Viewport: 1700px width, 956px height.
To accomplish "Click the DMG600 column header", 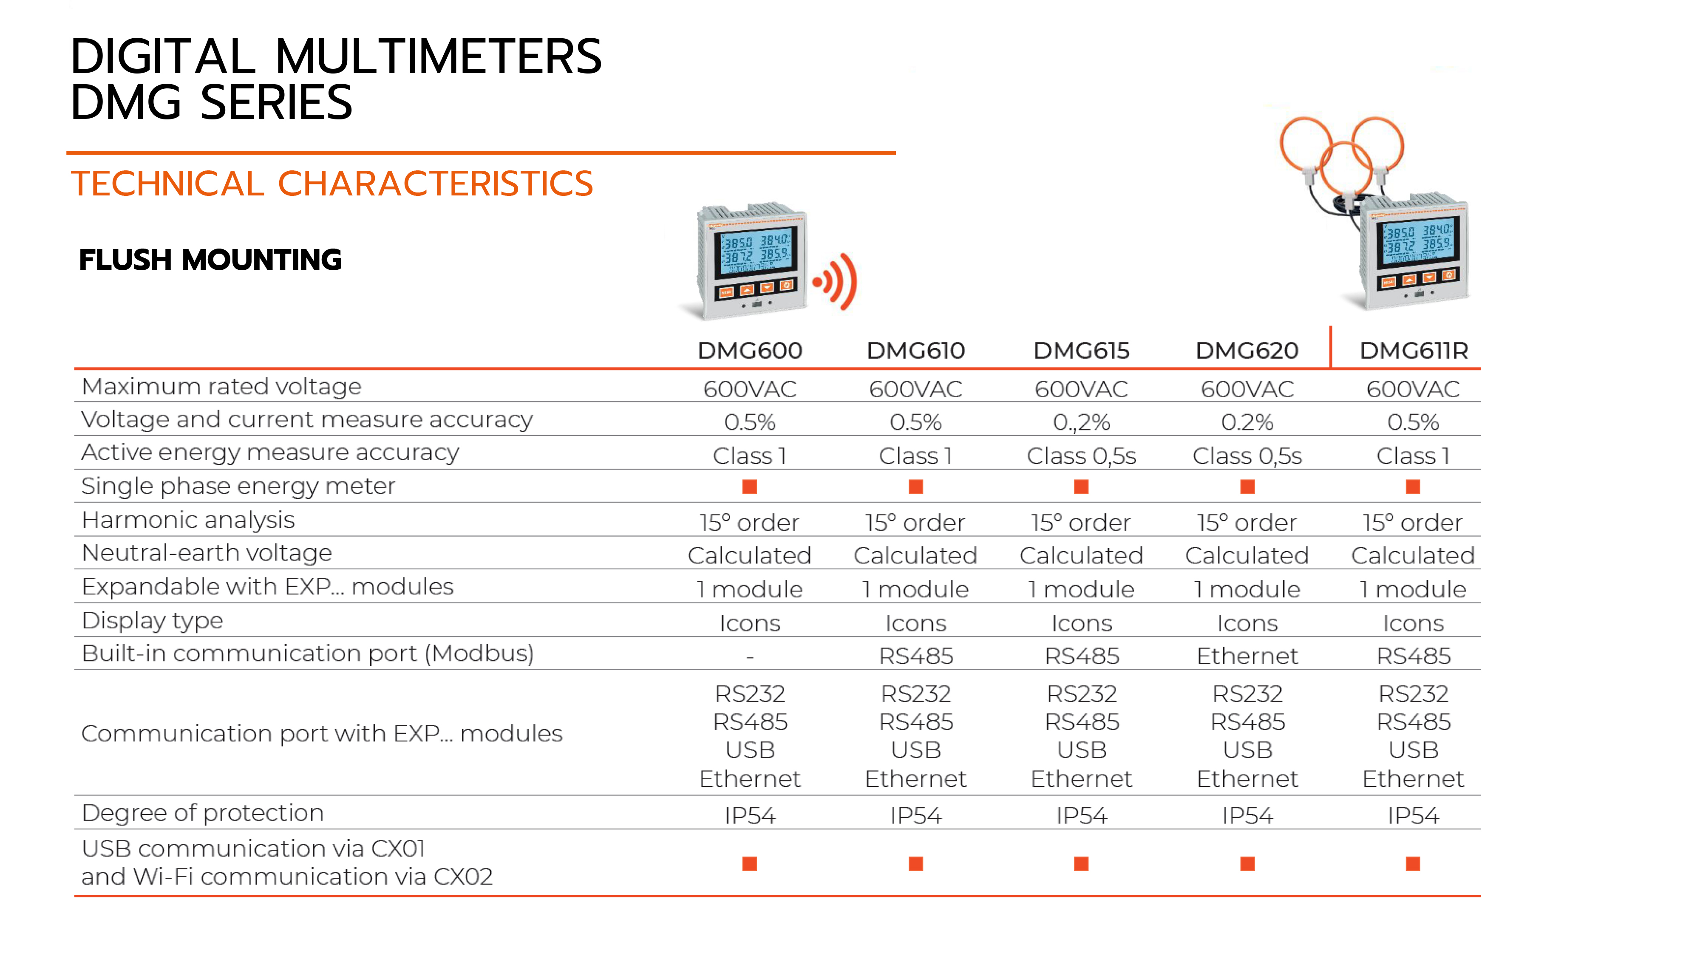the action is pyautogui.click(x=750, y=351).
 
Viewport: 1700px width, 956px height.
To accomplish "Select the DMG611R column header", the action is pyautogui.click(x=1414, y=351).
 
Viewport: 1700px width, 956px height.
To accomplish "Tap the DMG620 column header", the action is pyautogui.click(x=1247, y=351).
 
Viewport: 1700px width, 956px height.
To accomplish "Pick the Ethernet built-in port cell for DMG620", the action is pyautogui.click(x=1247, y=656).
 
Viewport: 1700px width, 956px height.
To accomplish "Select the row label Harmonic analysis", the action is pyautogui.click(x=188, y=520).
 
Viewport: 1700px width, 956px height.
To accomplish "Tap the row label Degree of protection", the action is pyautogui.click(x=203, y=813).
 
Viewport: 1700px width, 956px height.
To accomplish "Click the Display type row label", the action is pyautogui.click(x=153, y=621).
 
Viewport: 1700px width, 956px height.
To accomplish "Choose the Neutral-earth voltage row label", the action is pyautogui.click(x=207, y=553).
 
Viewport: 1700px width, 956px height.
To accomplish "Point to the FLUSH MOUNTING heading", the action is pyautogui.click(x=210, y=259).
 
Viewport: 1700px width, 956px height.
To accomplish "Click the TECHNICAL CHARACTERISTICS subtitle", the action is pyautogui.click(x=332, y=184).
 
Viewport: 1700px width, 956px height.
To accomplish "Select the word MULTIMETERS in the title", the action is pyautogui.click(x=438, y=57).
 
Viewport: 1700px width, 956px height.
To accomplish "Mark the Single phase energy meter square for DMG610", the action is pyautogui.click(x=915, y=487).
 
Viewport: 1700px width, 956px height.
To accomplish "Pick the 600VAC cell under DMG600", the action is pyautogui.click(x=750, y=389).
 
